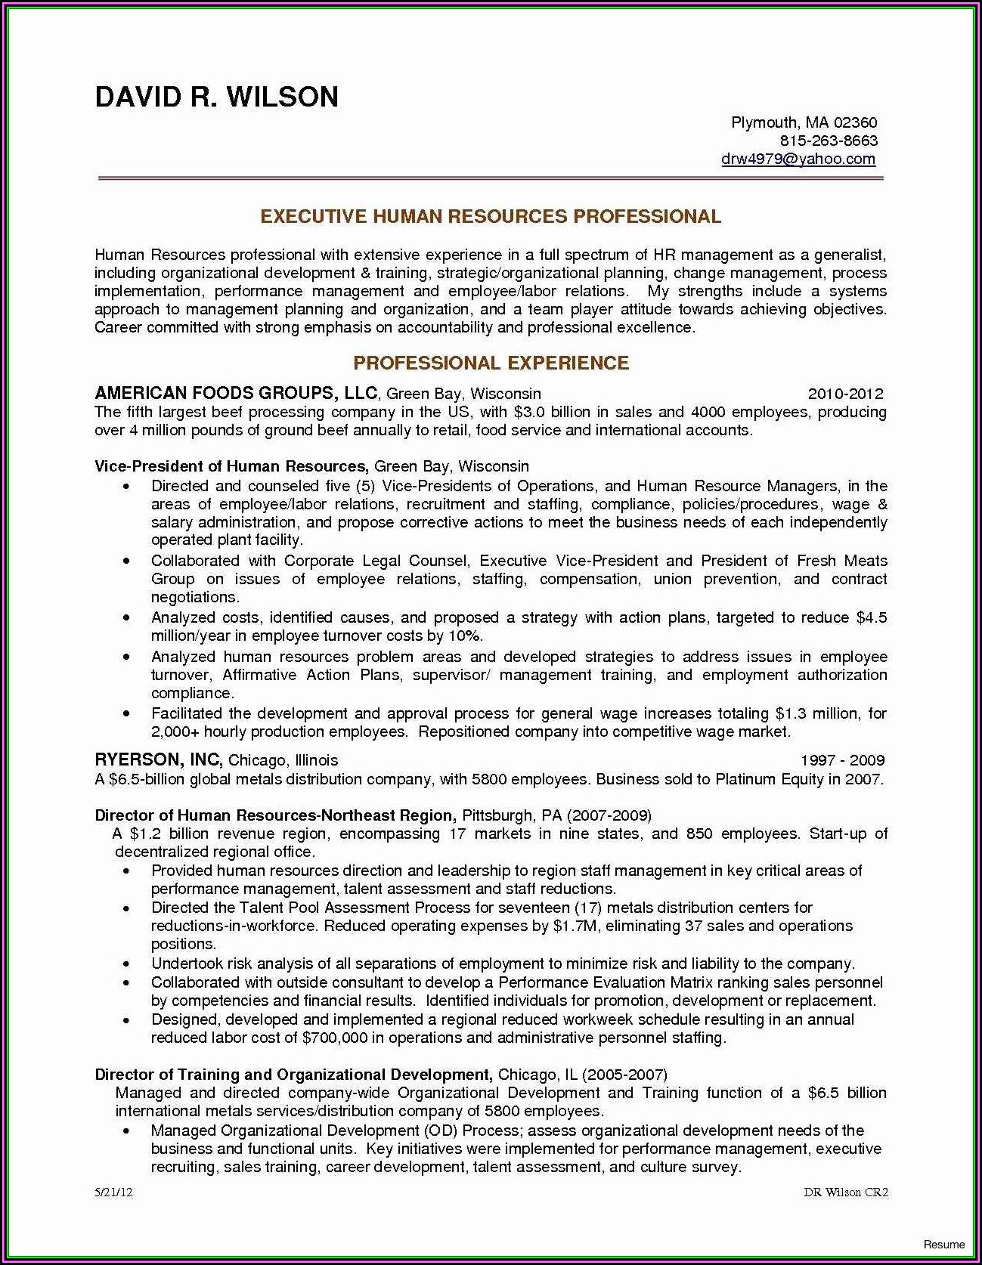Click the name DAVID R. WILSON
tap(216, 97)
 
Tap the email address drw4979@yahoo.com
tap(798, 159)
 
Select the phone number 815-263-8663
tap(829, 141)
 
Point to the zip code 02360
tap(856, 122)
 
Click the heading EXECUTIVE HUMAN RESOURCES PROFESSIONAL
tap(491, 217)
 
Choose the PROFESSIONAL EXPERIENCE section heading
tap(491, 363)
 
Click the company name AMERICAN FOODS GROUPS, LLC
tap(236, 393)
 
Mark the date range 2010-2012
tap(845, 394)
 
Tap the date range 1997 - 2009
tap(842, 760)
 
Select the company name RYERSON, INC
tap(158, 759)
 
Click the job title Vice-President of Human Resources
tap(231, 466)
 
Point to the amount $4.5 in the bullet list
tap(871, 618)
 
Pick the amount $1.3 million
tap(816, 713)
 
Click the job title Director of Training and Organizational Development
tap(293, 1075)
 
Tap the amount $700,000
tap(334, 1038)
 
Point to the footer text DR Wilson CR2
tap(845, 1192)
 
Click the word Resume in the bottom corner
tap(944, 1245)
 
